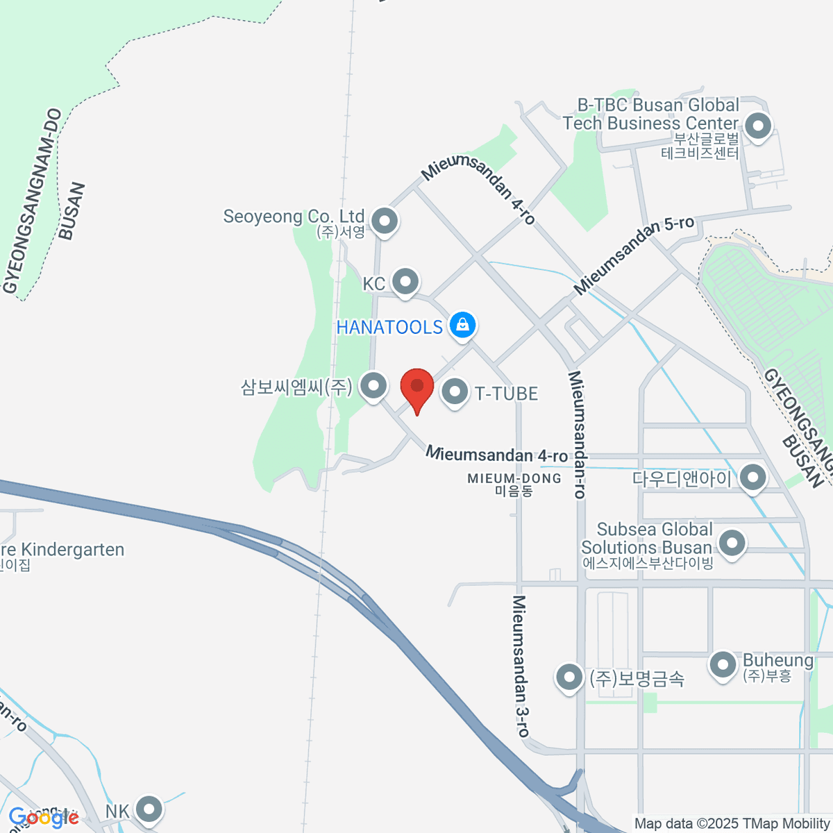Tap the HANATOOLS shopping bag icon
tap(462, 324)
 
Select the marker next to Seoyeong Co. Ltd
tap(384, 221)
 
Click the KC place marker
tap(405, 282)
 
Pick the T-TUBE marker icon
tap(455, 392)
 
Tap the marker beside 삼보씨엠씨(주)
tap(374, 385)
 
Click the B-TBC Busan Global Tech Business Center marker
tap(757, 127)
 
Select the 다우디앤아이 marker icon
tap(752, 478)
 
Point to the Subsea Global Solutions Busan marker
tap(731, 543)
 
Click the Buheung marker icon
tap(723, 665)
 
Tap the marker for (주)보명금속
tap(569, 677)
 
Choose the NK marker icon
tap(148, 809)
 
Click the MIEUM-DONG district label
tap(514, 479)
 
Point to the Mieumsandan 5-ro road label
tap(634, 254)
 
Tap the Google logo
tap(43, 818)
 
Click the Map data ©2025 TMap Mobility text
tap(732, 824)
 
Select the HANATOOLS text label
tap(389, 327)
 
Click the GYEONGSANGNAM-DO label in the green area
tap(33, 201)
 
